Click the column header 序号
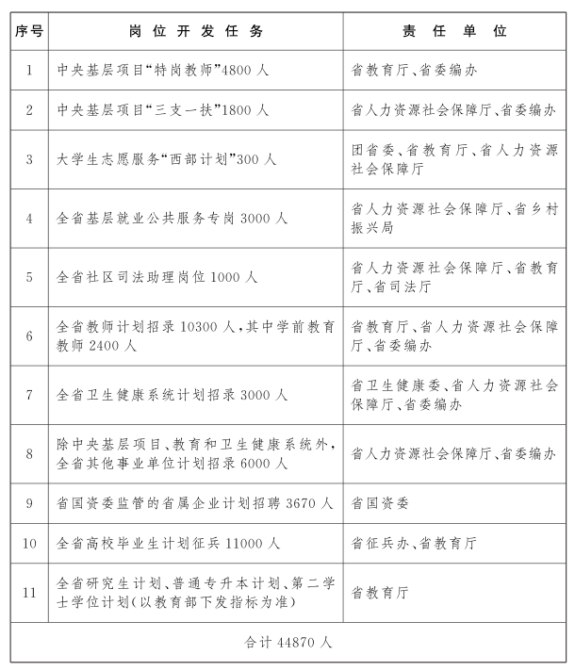coord(29,31)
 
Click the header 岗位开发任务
coord(196,31)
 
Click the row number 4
coord(29,219)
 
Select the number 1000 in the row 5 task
coord(212,278)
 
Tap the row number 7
coord(29,395)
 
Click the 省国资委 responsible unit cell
coord(380,504)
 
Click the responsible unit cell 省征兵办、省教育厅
coord(414,544)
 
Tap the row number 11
coord(29,593)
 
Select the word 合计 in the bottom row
coord(258,643)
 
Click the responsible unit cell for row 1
coord(406,71)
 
